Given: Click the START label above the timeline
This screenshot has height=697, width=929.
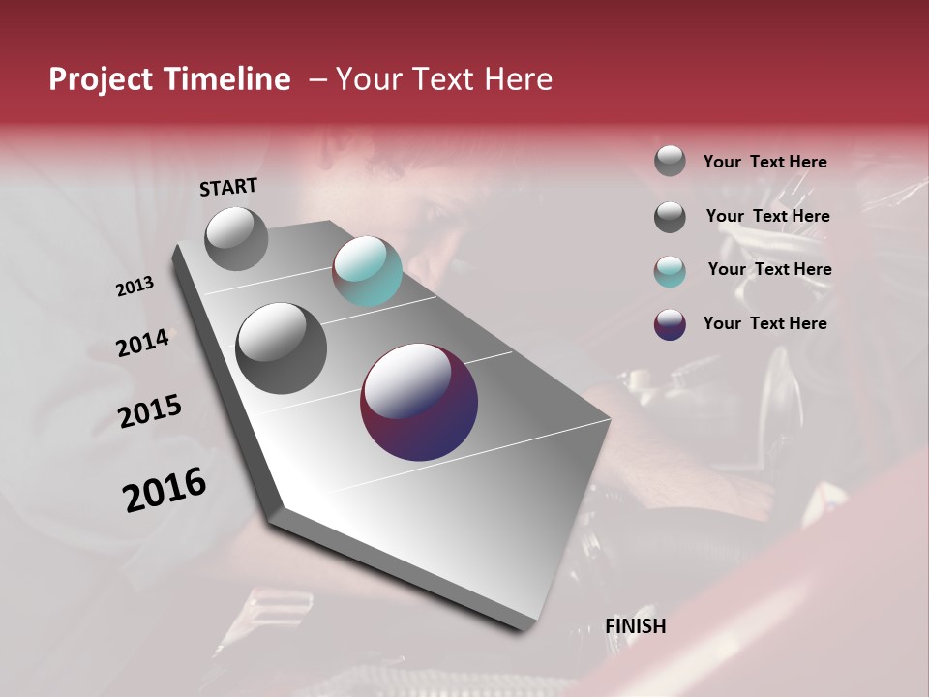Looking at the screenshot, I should [228, 187].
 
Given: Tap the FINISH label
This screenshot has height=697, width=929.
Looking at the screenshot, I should [635, 626].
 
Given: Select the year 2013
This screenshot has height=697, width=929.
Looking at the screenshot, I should [135, 287].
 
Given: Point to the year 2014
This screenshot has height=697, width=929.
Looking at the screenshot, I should [142, 344].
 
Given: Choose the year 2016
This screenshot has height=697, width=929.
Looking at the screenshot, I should [165, 490].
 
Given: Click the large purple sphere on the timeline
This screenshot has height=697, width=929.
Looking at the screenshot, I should [419, 402].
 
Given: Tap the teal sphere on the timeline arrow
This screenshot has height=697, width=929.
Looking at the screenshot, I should [367, 271].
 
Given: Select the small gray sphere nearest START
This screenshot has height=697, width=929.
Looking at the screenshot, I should [236, 238].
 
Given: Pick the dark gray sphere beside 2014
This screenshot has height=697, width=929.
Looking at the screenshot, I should [281, 348].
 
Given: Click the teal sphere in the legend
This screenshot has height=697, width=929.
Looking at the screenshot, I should [670, 271].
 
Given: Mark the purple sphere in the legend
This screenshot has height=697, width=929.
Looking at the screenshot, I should [670, 324].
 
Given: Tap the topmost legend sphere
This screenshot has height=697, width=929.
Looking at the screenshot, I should [670, 161].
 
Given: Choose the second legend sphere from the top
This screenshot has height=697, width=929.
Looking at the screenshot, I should [670, 217].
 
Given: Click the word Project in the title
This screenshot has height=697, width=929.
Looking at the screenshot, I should [100, 79].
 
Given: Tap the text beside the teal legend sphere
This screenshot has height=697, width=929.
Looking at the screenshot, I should [769, 269].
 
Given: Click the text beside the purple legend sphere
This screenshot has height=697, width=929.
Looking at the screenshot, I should [764, 323].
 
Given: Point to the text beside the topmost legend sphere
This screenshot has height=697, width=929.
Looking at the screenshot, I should [764, 162].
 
